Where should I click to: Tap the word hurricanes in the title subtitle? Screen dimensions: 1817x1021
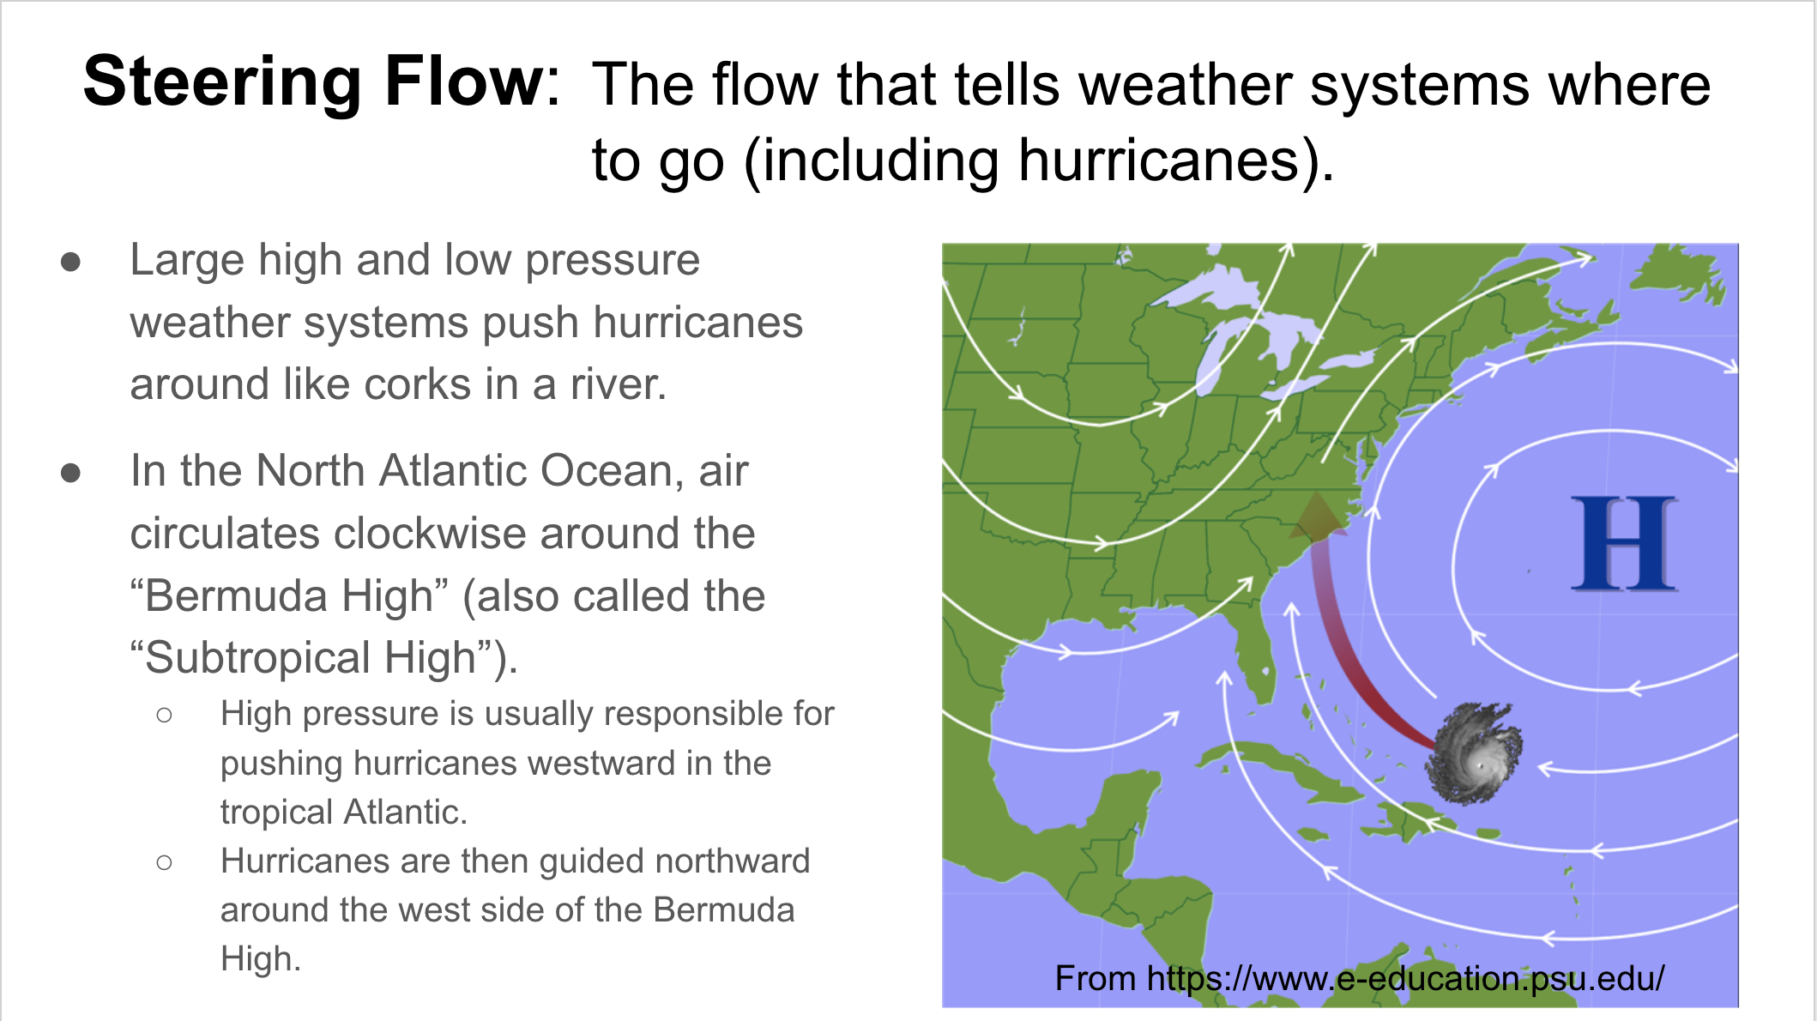(1160, 160)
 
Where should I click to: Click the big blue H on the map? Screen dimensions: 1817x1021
(1623, 544)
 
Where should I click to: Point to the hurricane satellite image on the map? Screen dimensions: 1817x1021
(1473, 753)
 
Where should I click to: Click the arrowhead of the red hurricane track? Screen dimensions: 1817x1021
(1317, 514)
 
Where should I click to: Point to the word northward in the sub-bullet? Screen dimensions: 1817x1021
(730, 861)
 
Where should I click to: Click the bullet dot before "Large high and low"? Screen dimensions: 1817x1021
(70, 262)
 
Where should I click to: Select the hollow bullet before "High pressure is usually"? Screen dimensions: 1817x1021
(165, 715)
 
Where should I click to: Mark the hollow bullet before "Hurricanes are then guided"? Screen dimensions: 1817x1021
(165, 862)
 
